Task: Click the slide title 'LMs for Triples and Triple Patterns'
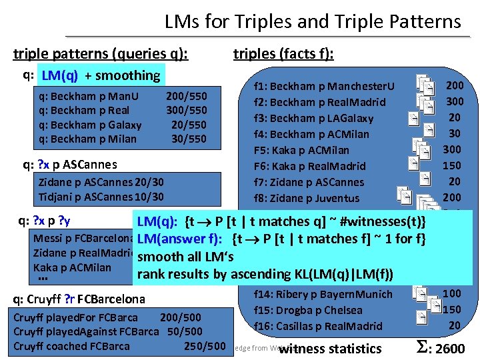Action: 313,21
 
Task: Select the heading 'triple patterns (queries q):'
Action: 101,54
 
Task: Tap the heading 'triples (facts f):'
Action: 283,54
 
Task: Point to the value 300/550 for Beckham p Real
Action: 186,110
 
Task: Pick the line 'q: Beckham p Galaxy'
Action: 91,125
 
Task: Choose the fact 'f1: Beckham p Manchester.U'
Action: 324,86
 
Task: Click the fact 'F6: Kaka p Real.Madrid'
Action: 310,166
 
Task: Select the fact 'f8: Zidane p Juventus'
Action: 307,198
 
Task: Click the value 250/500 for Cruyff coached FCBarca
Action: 204,346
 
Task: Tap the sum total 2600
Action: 441,348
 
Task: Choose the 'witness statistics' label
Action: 331,349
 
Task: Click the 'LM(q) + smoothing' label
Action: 101,75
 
